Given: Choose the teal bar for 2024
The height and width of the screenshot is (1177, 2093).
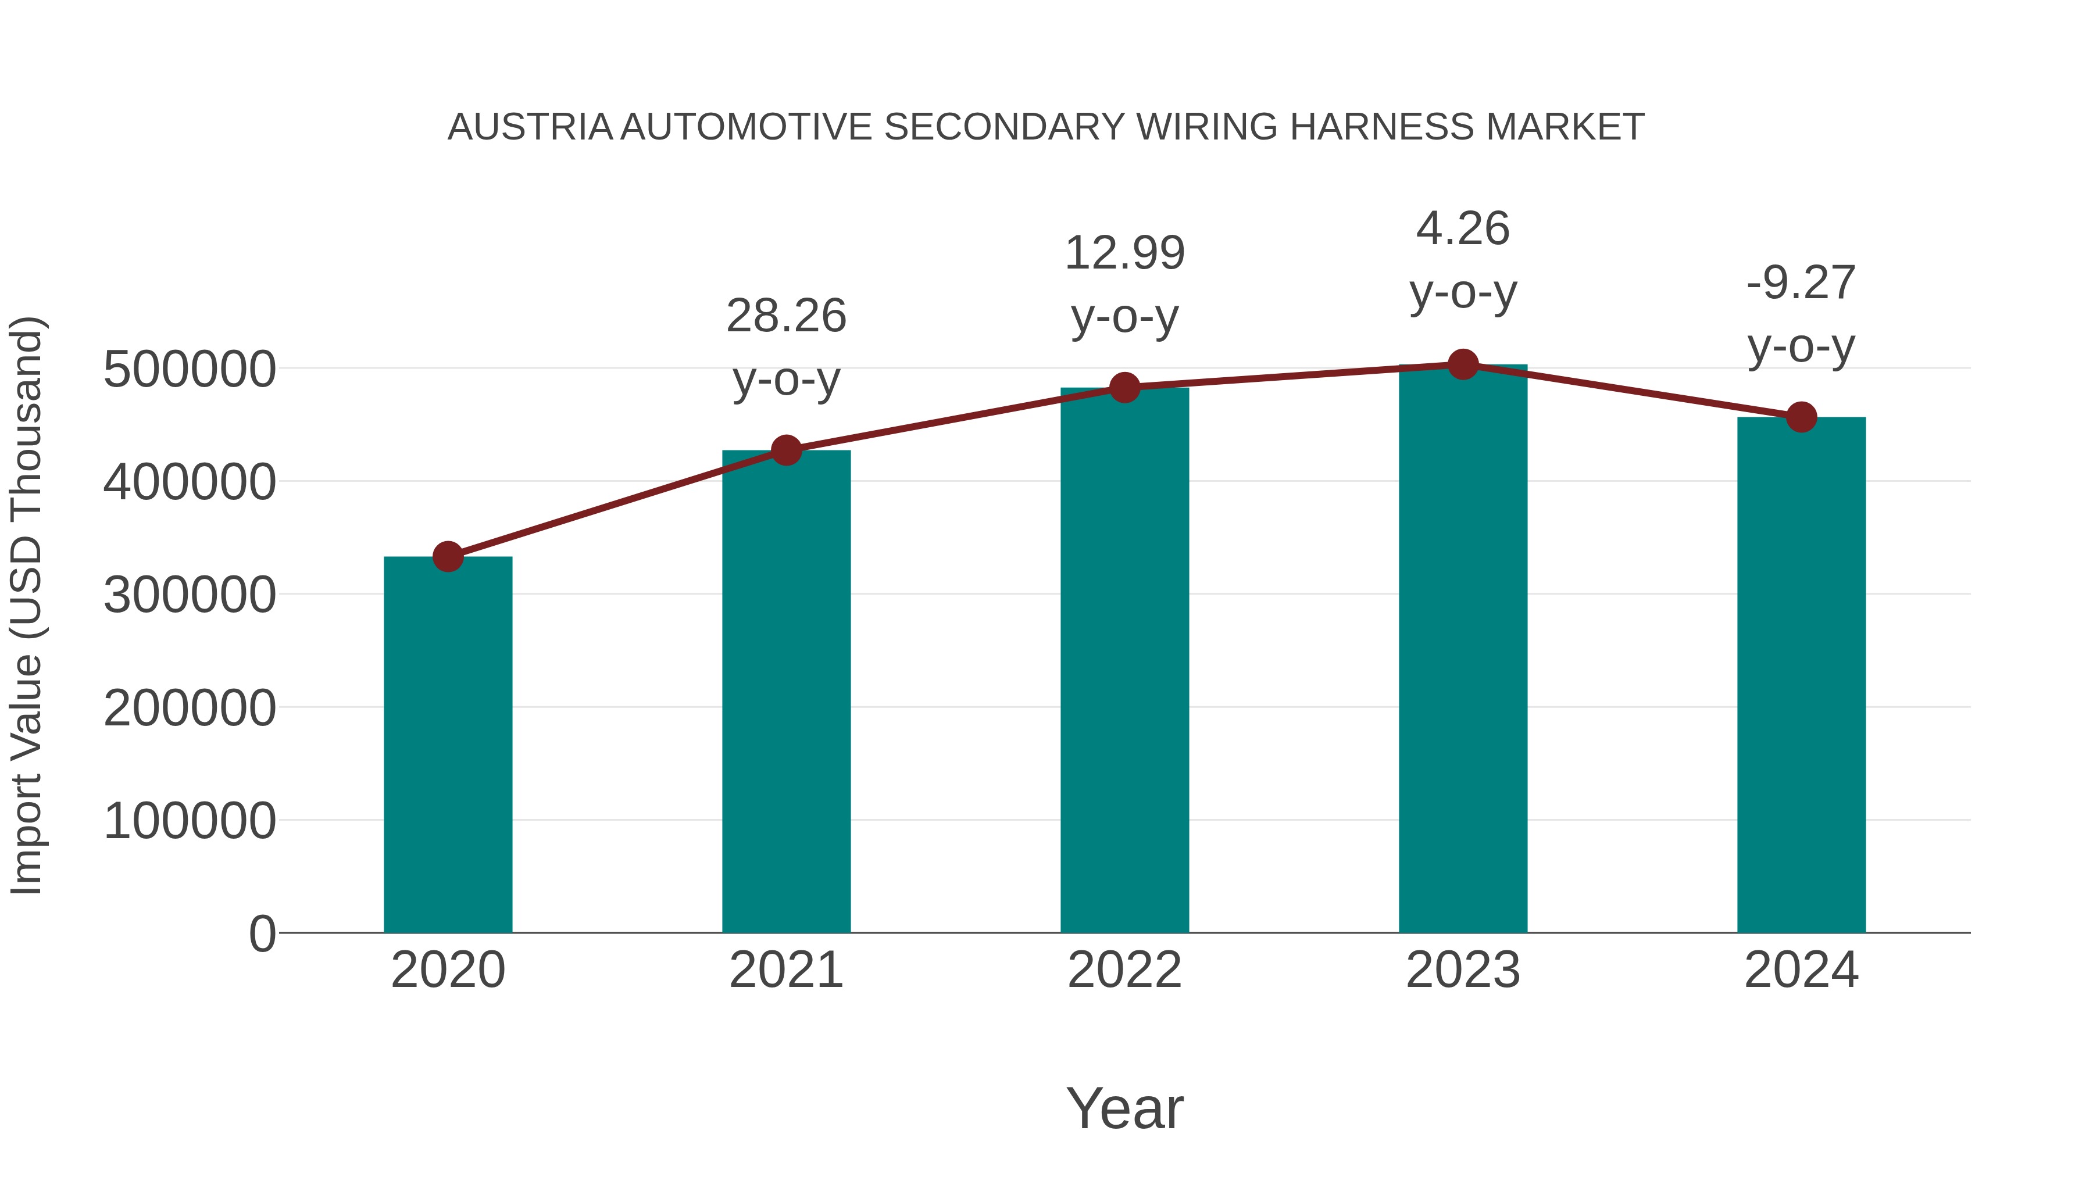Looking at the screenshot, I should [x=1801, y=674].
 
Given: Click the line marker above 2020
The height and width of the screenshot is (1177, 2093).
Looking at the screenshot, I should [x=448, y=557].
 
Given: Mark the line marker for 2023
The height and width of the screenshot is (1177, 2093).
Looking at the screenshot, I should [x=1463, y=364].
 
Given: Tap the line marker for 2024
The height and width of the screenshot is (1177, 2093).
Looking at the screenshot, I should [x=1801, y=417].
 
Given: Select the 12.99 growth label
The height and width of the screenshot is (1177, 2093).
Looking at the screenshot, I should [x=1124, y=253].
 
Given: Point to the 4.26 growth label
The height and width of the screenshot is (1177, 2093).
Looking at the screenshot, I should [x=1463, y=228].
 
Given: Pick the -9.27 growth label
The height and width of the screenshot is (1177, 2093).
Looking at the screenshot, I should [x=1801, y=282].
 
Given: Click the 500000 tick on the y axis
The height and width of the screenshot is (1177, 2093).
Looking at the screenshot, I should [x=190, y=370].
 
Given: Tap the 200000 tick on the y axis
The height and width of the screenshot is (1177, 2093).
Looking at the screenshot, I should [x=190, y=709].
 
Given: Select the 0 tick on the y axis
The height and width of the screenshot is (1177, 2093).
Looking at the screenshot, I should [x=262, y=934].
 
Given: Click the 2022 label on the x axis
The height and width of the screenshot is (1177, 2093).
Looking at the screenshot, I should [x=1124, y=970].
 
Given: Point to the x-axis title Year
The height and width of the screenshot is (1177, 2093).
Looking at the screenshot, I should [x=1124, y=1108].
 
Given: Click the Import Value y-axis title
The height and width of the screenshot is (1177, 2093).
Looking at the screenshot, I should [x=26, y=605].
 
